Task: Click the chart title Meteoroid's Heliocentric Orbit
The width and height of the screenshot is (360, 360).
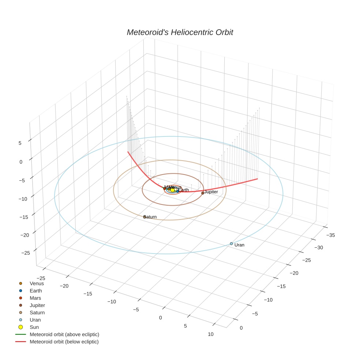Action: (180, 32)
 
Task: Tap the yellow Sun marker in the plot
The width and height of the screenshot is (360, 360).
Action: (172, 190)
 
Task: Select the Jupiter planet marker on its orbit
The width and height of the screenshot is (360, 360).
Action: (203, 193)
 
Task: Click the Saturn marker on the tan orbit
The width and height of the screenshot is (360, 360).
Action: (145, 217)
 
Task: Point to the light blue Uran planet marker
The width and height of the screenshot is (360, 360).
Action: (231, 244)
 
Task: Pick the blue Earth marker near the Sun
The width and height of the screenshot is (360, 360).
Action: (178, 191)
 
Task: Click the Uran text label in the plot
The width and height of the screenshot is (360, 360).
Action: (239, 245)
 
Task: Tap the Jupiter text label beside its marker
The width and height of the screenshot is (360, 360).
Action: (211, 192)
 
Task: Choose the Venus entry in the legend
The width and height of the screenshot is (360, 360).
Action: (37, 283)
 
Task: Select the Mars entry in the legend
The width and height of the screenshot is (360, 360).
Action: (35, 298)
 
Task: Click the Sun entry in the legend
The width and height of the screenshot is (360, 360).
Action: (34, 327)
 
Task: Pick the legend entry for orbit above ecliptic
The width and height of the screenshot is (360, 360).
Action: (64, 334)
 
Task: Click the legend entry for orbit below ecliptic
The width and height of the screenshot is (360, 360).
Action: (64, 342)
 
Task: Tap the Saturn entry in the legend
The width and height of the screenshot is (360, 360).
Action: (37, 312)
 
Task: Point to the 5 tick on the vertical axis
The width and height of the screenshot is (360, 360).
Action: (20, 143)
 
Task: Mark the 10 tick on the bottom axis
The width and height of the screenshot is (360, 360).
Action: (210, 334)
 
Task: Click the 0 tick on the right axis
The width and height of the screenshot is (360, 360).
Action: (241, 328)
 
